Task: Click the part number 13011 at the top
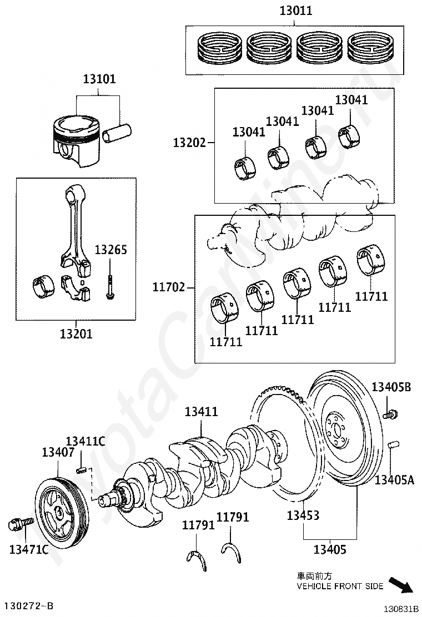pyautogui.click(x=296, y=11)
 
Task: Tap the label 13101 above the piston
pyautogui.click(x=100, y=79)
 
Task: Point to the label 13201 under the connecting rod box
pyautogui.click(x=77, y=334)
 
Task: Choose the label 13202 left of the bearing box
pyautogui.click(x=189, y=143)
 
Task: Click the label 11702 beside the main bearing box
pyautogui.click(x=169, y=287)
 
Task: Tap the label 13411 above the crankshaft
pyautogui.click(x=201, y=412)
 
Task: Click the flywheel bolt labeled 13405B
pyautogui.click(x=391, y=413)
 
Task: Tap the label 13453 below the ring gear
pyautogui.click(x=303, y=515)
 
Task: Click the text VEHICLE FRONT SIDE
pyautogui.click(x=340, y=586)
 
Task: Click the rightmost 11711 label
pyautogui.click(x=371, y=296)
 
